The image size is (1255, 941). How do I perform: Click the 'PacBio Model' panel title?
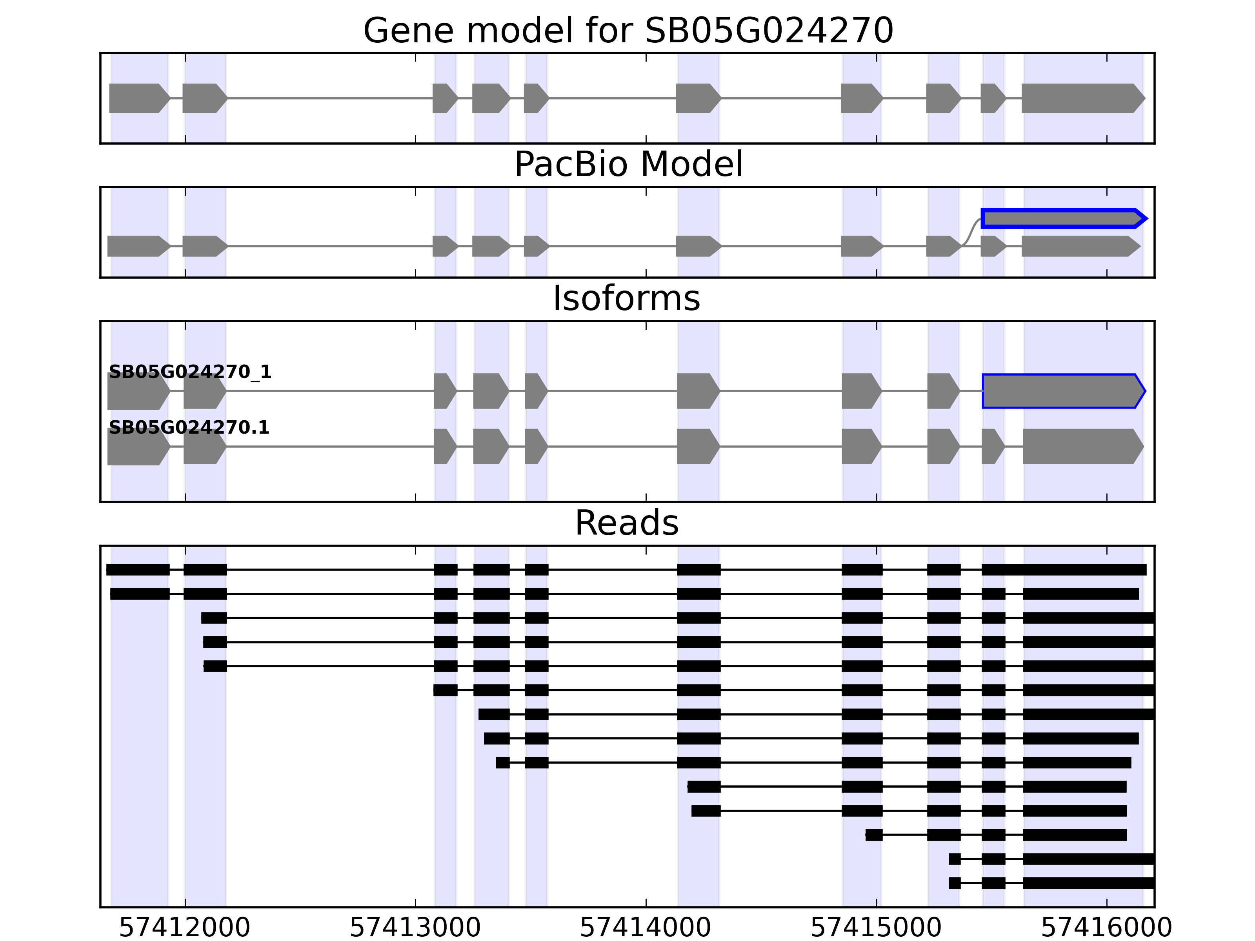pos(628,165)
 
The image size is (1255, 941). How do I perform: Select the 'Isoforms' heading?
pos(626,298)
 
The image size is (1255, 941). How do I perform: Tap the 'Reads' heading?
pos(626,523)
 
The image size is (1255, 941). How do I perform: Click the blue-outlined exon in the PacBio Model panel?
pos(1061,218)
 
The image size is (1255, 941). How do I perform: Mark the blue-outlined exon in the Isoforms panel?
pos(1061,391)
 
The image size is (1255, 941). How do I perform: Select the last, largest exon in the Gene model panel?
pos(1081,98)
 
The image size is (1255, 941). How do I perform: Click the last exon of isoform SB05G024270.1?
pos(1081,447)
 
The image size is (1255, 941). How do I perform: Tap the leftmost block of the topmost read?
pos(138,569)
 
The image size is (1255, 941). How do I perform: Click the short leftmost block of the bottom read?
pos(954,883)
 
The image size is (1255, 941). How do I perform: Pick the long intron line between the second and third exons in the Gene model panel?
pos(329,98)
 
